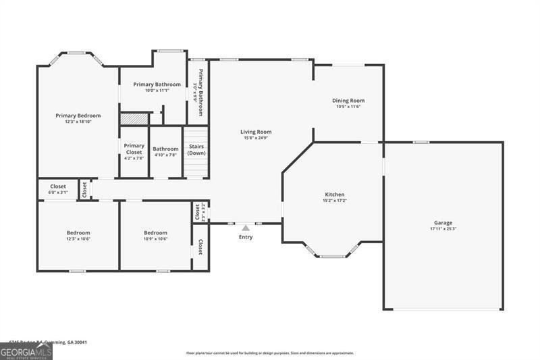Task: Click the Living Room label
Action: pos(256,132)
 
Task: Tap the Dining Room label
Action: pos(348,101)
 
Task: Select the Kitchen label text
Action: pos(335,195)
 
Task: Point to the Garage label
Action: pos(443,223)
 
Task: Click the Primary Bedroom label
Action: pos(78,115)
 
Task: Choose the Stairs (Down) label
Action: pos(196,150)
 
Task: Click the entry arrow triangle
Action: pos(246,228)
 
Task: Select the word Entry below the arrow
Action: pos(246,237)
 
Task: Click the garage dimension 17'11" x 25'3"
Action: pos(443,229)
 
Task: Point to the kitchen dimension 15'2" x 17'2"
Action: pos(335,201)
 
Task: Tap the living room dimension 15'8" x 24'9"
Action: pos(256,138)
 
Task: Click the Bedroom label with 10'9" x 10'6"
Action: pos(155,232)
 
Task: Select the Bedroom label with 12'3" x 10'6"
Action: pos(78,232)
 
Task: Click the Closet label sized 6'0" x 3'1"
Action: pos(57,186)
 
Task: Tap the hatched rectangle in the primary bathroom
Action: pos(134,119)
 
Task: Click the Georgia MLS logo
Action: pos(26,351)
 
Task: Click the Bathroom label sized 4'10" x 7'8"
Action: pos(165,149)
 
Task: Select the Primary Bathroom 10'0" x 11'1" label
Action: pos(157,84)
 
